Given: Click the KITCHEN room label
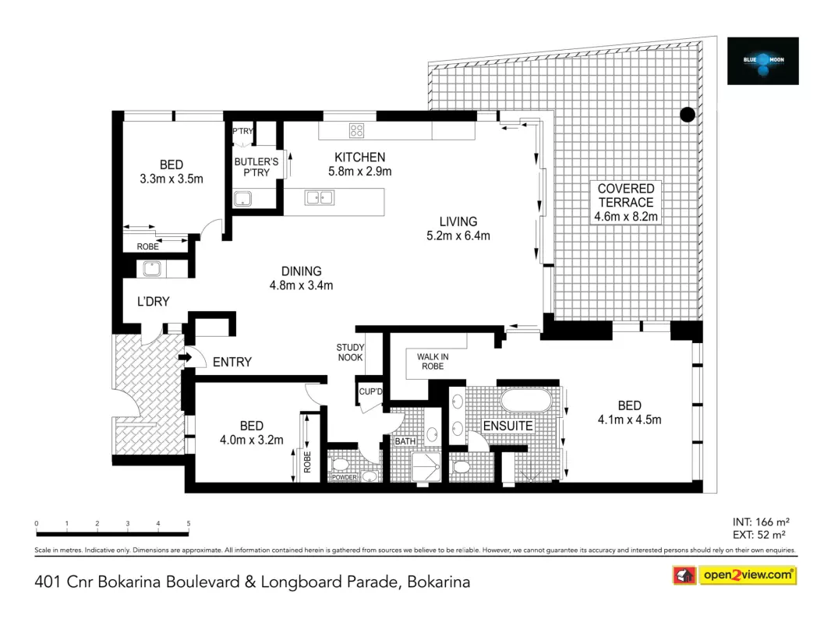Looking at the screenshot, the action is point(360,157).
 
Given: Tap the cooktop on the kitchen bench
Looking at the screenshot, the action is point(357,130).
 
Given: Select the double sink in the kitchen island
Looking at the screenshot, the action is point(319,198).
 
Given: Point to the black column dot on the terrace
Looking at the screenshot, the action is point(688,115).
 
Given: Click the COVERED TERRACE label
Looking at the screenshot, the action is point(626,195).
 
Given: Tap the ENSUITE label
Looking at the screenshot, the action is point(507,426).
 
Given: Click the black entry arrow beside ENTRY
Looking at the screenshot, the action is point(185,357).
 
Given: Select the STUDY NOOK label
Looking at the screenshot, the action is point(350,352).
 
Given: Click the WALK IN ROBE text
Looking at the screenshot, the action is point(433,361).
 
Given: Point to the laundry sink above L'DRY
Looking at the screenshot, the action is point(151,268).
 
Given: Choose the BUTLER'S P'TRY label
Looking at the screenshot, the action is point(256,167).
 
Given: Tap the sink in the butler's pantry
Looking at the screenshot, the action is point(242,199).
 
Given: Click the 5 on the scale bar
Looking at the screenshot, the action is point(189,523).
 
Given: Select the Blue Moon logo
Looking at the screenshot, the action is point(762,61).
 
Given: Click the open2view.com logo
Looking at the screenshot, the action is point(735,575).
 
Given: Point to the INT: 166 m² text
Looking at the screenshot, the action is point(761,522).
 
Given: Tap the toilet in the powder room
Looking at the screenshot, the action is point(340,465).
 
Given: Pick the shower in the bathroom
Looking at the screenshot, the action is point(426,467).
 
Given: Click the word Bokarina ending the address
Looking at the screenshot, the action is point(438,582).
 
